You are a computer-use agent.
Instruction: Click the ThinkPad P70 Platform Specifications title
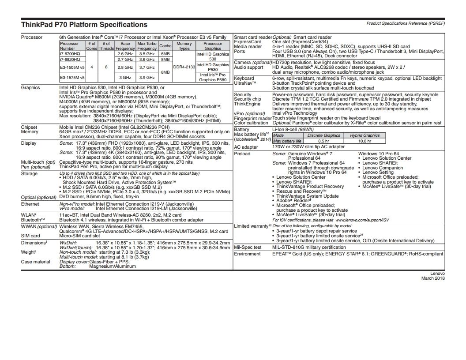pos(84,25)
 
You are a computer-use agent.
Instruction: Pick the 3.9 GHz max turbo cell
pos(147,77)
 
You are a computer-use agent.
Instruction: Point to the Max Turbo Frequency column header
pos(147,46)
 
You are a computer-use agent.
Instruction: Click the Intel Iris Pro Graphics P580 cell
pos(213,77)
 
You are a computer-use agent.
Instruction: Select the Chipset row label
pos(29,127)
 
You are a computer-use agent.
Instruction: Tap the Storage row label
pos(30,173)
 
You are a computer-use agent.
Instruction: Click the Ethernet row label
pos(30,204)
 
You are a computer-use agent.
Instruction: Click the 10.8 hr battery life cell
pos(365,141)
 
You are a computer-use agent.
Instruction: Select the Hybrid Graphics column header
pos(365,135)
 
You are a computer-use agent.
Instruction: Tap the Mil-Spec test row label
pos(248,247)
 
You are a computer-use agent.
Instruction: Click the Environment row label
pos(247,254)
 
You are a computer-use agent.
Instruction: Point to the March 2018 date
pos(433,278)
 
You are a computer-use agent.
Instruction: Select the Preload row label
pos(242,154)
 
